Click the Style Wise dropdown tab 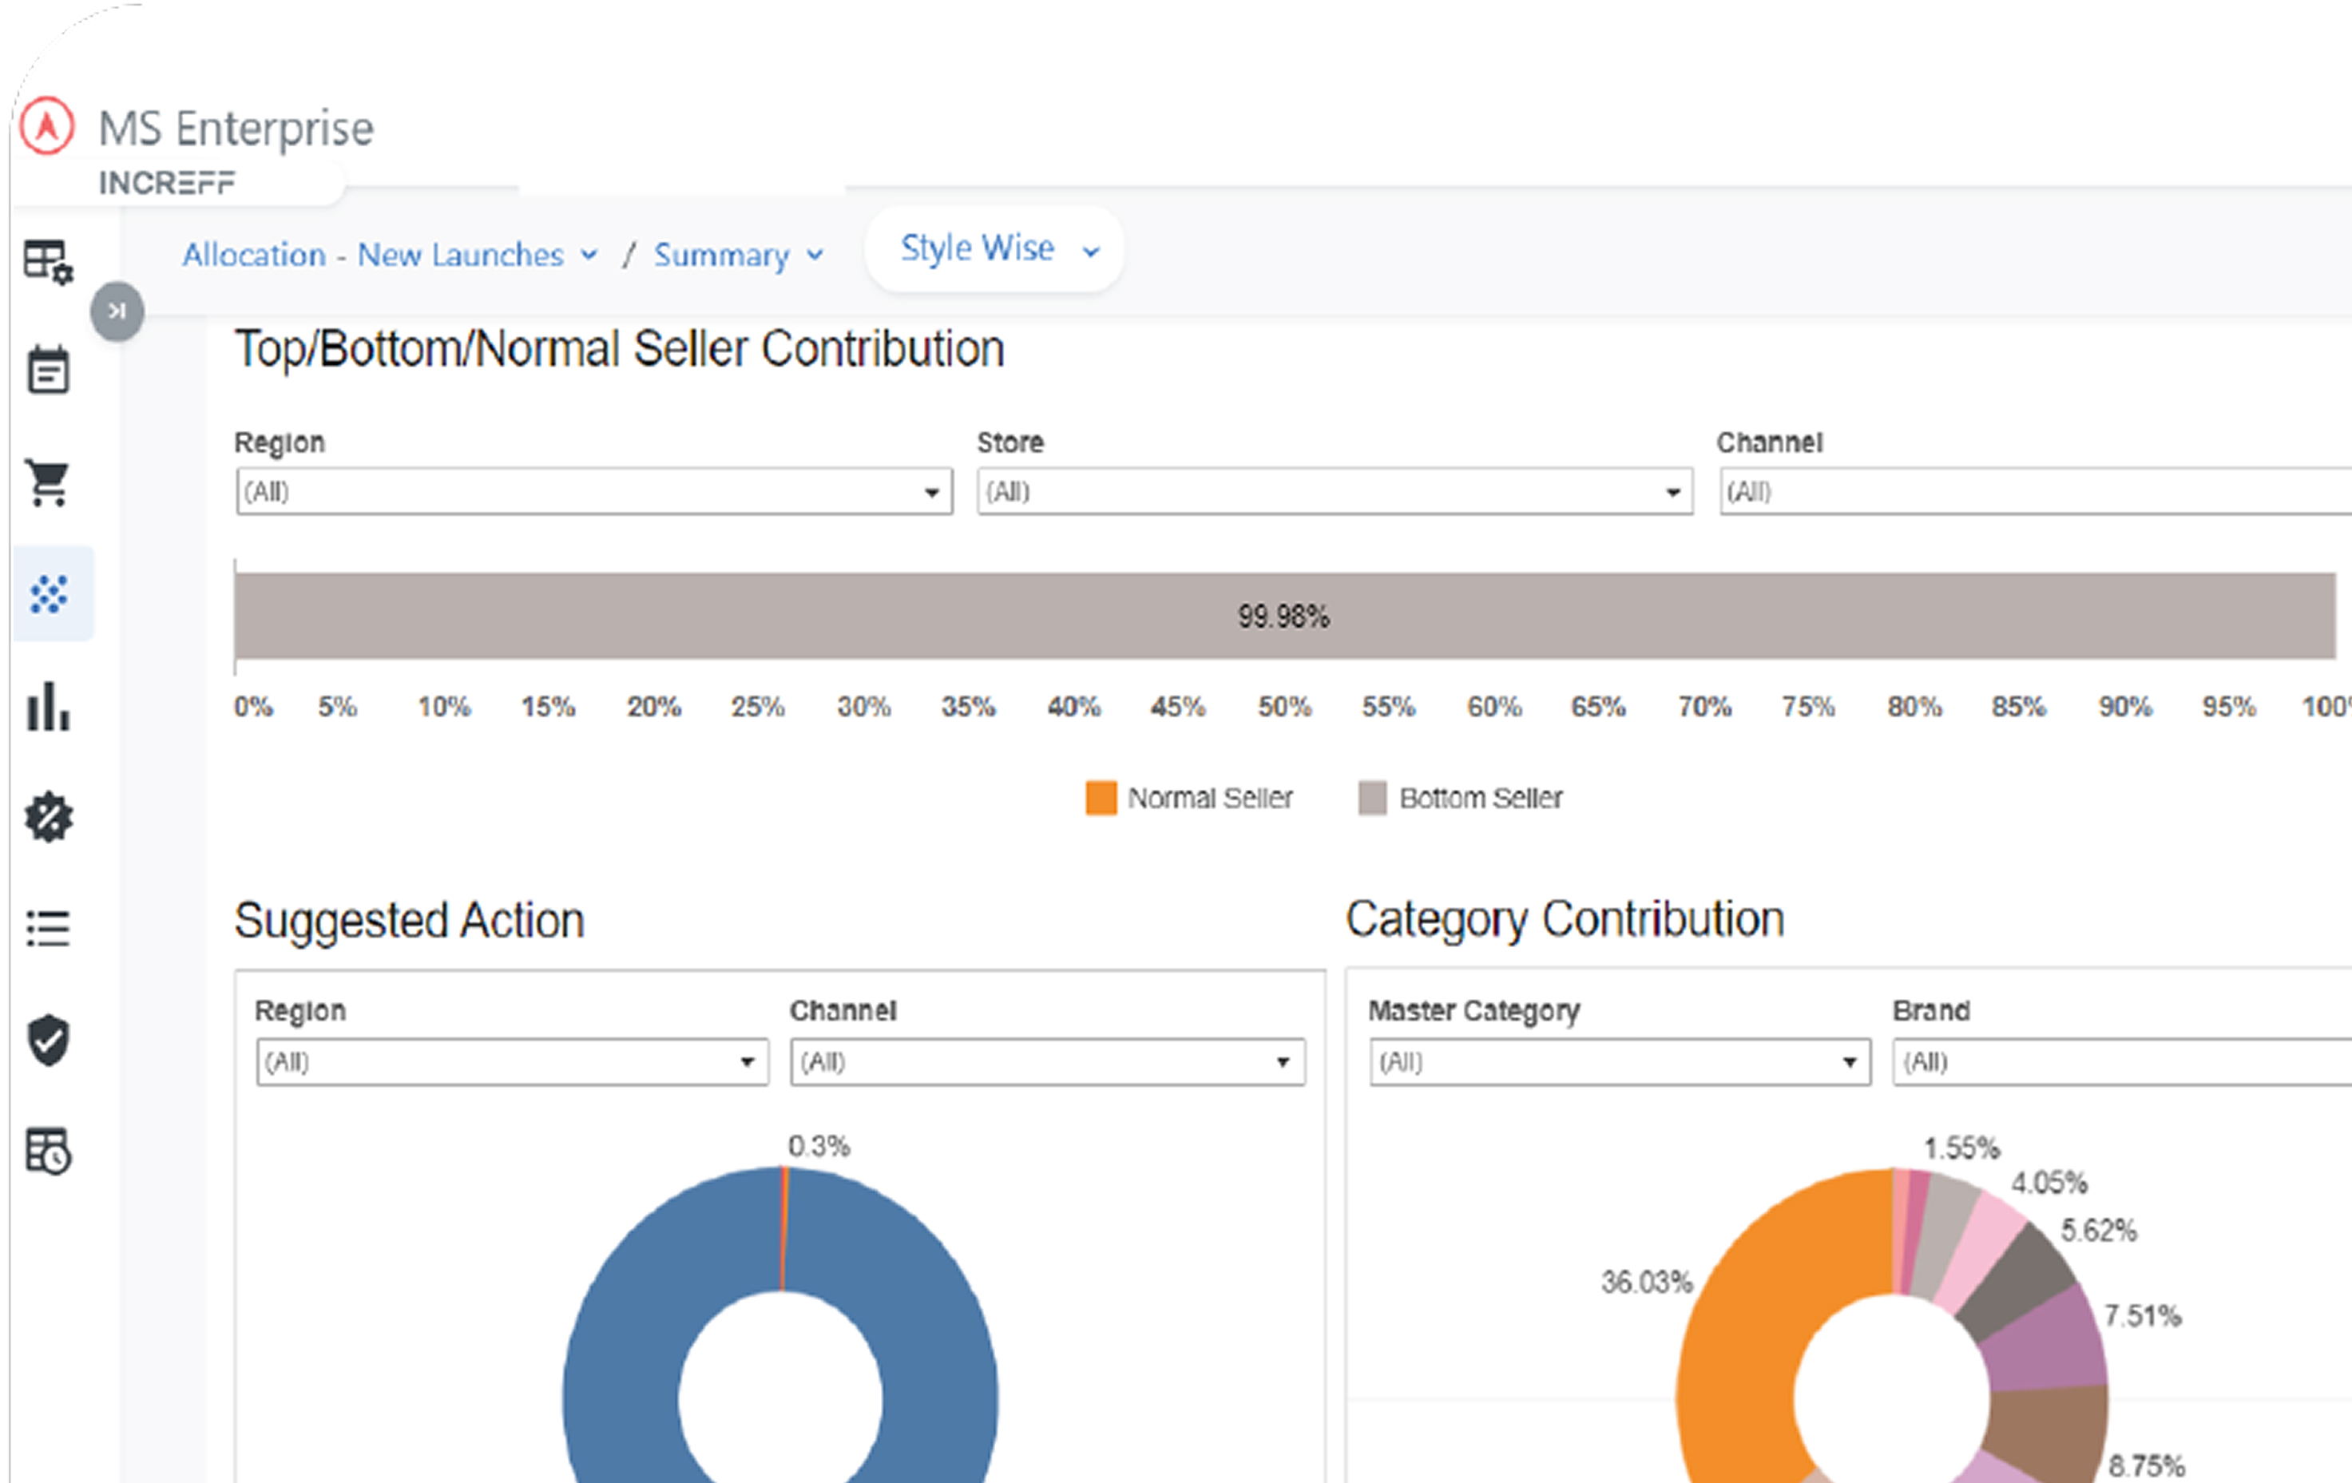995,249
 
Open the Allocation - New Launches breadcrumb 389,255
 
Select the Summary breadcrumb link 737,255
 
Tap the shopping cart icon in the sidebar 48,482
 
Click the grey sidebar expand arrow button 117,311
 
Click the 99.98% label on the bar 1283,617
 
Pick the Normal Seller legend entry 1190,798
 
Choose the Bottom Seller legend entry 1462,798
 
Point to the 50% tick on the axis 1283,706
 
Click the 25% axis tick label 757,706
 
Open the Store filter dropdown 1335,491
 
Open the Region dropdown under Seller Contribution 594,491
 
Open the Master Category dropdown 1620,1062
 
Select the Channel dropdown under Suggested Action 1047,1062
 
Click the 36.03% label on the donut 1646,1282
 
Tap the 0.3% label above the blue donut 819,1146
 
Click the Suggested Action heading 409,920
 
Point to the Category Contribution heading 1565,919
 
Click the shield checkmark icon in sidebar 48,1040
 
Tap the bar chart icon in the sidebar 48,706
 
